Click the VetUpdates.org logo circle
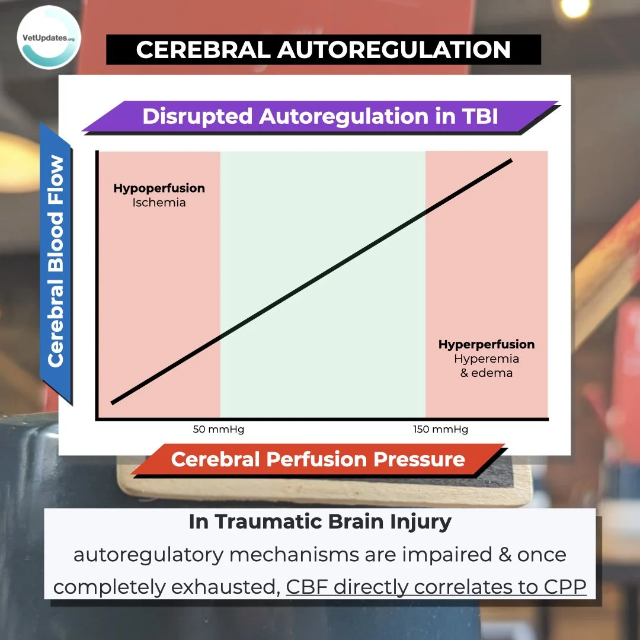(x=50, y=37)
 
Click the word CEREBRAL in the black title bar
(x=202, y=50)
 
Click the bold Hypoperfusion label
(x=159, y=188)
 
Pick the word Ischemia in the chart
(x=159, y=203)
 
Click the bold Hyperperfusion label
(x=487, y=344)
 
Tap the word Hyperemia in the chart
(x=487, y=359)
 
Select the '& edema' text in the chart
(x=487, y=373)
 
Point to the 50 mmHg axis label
(x=219, y=430)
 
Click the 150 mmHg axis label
(x=440, y=430)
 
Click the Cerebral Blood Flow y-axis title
(x=56, y=261)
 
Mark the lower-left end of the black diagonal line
(x=113, y=403)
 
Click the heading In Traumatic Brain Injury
(x=320, y=522)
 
